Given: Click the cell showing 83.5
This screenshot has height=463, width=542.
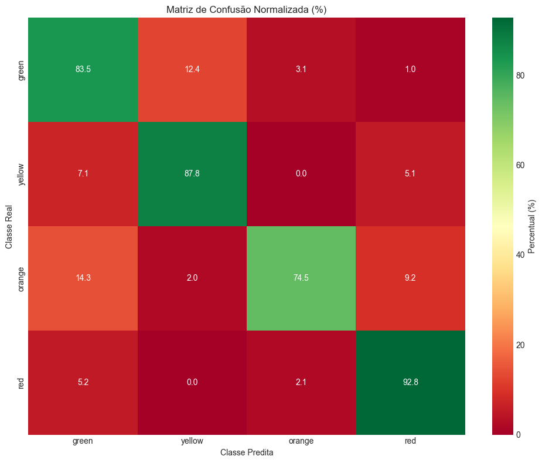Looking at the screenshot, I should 83,70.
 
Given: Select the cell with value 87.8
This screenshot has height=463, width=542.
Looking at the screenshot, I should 192,174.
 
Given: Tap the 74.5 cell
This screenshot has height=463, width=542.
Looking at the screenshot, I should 301,278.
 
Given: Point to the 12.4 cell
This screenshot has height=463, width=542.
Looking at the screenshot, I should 192,70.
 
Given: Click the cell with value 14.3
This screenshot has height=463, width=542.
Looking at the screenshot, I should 83,278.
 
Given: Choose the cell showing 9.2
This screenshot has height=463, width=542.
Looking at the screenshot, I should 410,278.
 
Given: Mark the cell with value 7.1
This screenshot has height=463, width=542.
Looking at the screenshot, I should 83,174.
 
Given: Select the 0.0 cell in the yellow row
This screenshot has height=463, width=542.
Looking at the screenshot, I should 301,174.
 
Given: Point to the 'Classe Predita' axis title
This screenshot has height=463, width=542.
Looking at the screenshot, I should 247,452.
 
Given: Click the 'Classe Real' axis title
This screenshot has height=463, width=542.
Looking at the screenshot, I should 9,226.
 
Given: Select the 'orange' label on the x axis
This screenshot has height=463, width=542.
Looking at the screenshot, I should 301,441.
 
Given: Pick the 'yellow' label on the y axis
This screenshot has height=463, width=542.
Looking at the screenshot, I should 22,174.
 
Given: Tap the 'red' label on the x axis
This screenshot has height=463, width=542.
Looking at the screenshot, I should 410,441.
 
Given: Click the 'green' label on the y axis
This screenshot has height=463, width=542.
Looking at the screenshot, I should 22,70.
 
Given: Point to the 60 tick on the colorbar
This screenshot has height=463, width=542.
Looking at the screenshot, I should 520,165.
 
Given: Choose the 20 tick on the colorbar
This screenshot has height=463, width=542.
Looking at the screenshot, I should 520,345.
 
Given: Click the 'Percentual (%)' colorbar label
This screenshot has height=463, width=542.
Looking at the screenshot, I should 532,226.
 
